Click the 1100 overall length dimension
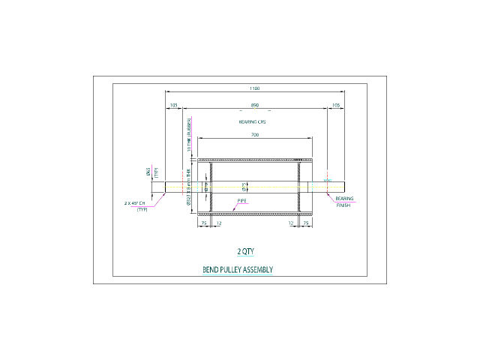(255, 88)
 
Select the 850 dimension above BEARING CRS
(255, 106)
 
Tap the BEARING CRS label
(252, 122)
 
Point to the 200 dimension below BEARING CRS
(255, 135)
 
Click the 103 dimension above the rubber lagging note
(173, 106)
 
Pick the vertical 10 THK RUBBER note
(189, 133)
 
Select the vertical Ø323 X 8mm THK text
(189, 187)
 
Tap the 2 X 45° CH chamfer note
(135, 203)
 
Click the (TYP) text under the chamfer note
(142, 210)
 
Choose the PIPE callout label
(241, 201)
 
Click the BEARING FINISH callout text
(344, 202)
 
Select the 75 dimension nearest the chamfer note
(203, 223)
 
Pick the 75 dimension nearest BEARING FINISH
(305, 223)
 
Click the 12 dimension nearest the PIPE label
(219, 223)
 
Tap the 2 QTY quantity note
(245, 252)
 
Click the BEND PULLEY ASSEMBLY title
(237, 270)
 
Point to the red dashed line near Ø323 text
(182, 183)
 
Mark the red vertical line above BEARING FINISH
(327, 180)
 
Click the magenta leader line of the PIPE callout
(235, 207)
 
